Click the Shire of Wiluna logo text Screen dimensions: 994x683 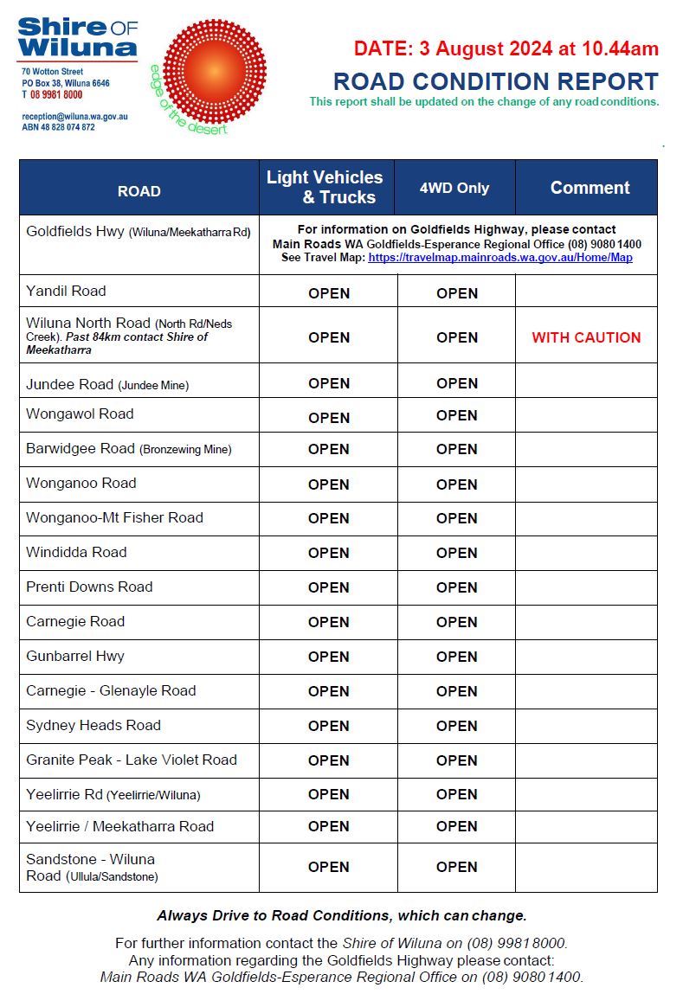pos(77,37)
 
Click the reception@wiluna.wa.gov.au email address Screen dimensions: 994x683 pos(75,116)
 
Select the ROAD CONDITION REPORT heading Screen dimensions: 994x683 pos(495,82)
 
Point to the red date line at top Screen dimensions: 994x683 pos(506,48)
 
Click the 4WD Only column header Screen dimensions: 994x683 pos(454,188)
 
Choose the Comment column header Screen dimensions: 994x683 pos(590,188)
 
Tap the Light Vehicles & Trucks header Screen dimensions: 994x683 pos(325,188)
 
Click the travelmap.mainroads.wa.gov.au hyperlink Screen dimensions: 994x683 pos(500,258)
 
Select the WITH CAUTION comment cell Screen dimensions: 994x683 pos(586,337)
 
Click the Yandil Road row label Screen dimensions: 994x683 pos(67,291)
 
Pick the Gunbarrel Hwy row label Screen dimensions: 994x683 pos(75,656)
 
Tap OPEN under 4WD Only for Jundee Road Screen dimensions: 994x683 pos(457,383)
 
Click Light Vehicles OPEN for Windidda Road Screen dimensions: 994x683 pos(329,553)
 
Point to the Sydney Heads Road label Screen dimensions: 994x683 pos(93,725)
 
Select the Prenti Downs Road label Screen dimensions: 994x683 pos(89,587)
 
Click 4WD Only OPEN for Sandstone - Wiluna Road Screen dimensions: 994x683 pos(457,867)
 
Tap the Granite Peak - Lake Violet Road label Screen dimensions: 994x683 pos(132,760)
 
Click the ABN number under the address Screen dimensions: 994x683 pos(59,127)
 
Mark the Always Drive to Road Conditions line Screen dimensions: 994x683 pos(341,915)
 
